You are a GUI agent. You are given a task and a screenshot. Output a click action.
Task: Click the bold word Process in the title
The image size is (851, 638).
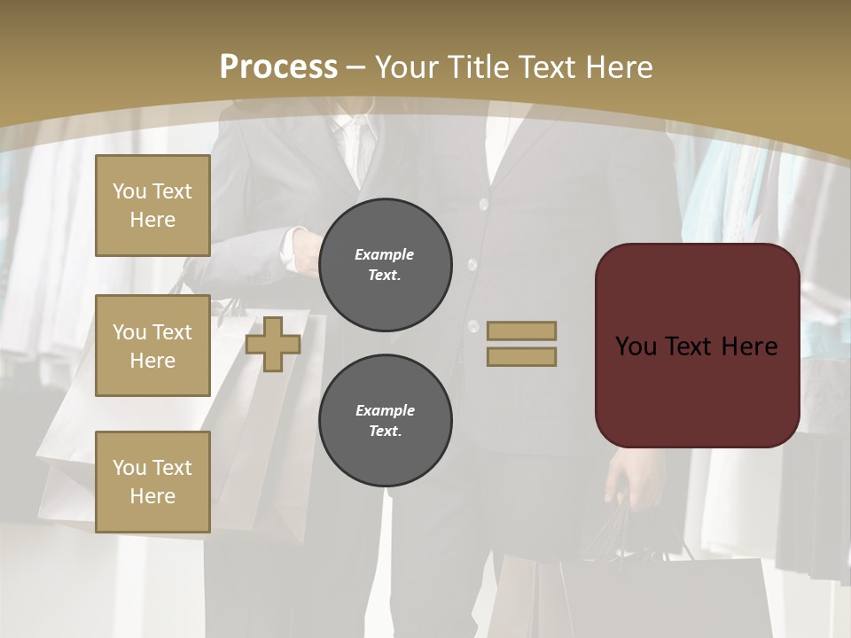(x=278, y=67)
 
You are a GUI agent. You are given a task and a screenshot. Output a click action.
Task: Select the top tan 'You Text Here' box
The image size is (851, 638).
(x=152, y=206)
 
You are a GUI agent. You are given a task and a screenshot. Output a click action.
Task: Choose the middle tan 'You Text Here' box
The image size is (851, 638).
(x=152, y=346)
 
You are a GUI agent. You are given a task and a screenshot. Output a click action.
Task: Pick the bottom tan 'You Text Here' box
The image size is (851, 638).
(x=152, y=481)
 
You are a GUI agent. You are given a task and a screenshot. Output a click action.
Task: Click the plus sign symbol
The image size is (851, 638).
(x=273, y=344)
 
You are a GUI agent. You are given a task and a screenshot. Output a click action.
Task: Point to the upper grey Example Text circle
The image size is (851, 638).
(x=385, y=264)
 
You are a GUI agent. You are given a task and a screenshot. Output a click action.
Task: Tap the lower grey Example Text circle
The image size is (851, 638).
(x=385, y=420)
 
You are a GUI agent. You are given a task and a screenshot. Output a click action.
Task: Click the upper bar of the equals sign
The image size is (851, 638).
(x=521, y=331)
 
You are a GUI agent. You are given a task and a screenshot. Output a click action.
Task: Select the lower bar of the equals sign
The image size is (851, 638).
(x=521, y=356)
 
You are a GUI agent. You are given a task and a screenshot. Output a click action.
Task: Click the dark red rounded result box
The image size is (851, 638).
(x=697, y=346)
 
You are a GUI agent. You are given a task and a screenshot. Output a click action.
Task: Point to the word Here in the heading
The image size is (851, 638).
(x=618, y=67)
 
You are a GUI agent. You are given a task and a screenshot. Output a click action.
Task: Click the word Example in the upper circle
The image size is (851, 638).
(x=385, y=254)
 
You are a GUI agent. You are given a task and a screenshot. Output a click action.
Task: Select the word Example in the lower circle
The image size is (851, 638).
(x=385, y=410)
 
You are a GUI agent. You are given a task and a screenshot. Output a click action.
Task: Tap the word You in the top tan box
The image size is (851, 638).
(x=129, y=191)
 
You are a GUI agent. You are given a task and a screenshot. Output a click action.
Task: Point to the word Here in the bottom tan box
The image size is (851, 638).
(x=152, y=496)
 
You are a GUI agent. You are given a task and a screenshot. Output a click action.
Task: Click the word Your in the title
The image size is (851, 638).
(x=409, y=67)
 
